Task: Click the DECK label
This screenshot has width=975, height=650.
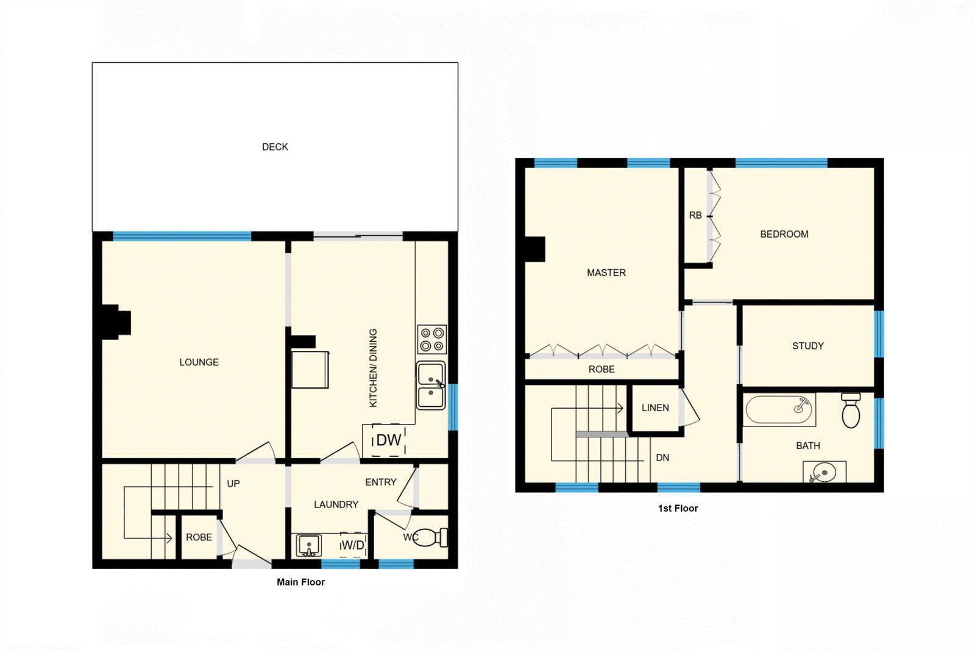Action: point(275,147)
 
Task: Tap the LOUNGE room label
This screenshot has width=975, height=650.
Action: point(199,362)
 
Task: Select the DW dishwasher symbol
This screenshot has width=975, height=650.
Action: point(388,440)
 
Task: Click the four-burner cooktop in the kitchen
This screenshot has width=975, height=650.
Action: point(432,339)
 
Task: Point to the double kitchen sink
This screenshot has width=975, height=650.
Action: point(431,386)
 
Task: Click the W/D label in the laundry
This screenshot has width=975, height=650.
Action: point(353,545)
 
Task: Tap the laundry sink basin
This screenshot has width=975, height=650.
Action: point(308,545)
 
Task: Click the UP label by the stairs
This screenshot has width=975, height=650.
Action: point(233,484)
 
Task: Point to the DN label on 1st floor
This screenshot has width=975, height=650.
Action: point(662,457)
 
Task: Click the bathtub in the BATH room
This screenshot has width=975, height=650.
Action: point(779,411)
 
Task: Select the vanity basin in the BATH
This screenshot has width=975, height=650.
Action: point(824,472)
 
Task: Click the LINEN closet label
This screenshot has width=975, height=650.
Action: point(655,408)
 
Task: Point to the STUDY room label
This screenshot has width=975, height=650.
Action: point(808,345)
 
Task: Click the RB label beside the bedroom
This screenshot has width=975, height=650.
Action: point(695,215)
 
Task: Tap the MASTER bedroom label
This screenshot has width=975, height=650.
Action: point(606,272)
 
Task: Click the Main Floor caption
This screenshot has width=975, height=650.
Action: point(300,582)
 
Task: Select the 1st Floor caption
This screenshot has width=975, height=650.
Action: point(678,508)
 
